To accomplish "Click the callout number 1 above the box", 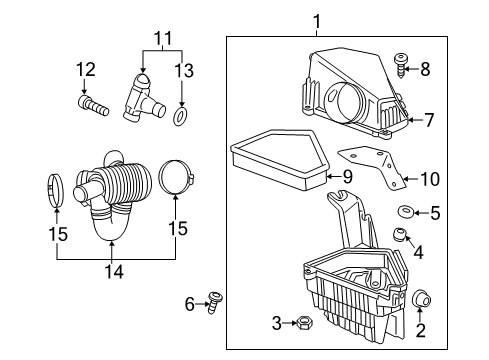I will click(x=316, y=21).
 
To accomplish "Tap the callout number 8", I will click(x=425, y=70).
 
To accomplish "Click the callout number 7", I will click(x=428, y=121).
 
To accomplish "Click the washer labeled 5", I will click(x=406, y=212).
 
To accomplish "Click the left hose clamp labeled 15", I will click(x=58, y=191).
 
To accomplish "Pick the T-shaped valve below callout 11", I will click(x=139, y=96).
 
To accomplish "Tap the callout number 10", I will click(x=429, y=179).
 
